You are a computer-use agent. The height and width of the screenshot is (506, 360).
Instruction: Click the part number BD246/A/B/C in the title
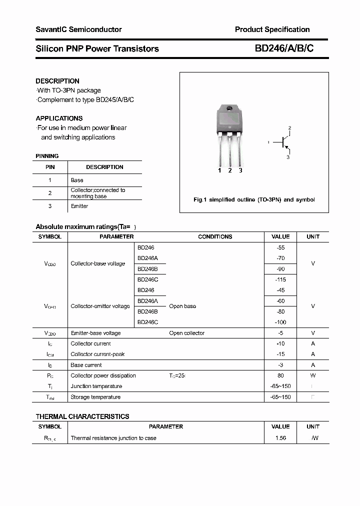coord(284,48)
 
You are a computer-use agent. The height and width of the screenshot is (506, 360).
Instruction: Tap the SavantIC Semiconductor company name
coord(78,29)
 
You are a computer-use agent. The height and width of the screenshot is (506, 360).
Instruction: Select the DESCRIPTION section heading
coord(57,81)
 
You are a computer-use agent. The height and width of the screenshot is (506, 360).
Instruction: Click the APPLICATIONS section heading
coord(59,118)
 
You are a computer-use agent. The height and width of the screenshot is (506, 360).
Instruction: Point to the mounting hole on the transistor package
coord(229,108)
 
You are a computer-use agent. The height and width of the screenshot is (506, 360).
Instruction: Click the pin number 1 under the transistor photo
coord(219,170)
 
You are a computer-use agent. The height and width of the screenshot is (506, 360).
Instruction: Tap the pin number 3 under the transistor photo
coord(240,170)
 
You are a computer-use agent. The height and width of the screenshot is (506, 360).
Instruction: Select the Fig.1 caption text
coord(254,199)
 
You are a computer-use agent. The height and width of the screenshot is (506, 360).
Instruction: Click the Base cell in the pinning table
coord(77,180)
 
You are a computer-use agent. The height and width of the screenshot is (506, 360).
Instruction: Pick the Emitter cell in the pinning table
coord(79,206)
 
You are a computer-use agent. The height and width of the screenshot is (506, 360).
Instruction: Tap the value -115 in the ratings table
coord(280,279)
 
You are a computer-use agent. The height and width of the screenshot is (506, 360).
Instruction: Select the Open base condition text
coord(182,306)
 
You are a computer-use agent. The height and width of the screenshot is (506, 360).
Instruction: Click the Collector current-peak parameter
coord(97,354)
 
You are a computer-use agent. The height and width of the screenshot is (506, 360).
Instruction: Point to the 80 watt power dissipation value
coord(280,375)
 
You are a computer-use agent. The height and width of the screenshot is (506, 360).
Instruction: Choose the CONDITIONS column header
coord(215,236)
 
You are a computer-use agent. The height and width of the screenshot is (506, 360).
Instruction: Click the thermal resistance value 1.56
coord(280,438)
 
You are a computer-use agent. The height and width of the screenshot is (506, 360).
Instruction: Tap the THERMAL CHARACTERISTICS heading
coord(82,416)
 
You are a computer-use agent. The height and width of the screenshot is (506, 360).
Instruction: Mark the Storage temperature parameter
coord(95,397)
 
